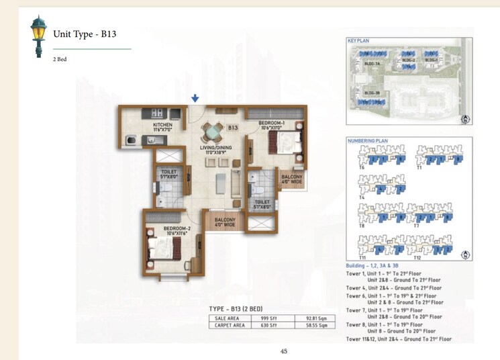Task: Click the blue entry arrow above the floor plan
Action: coord(195,99)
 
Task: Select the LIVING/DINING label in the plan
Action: coord(215,150)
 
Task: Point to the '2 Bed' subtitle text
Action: coord(60,60)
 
